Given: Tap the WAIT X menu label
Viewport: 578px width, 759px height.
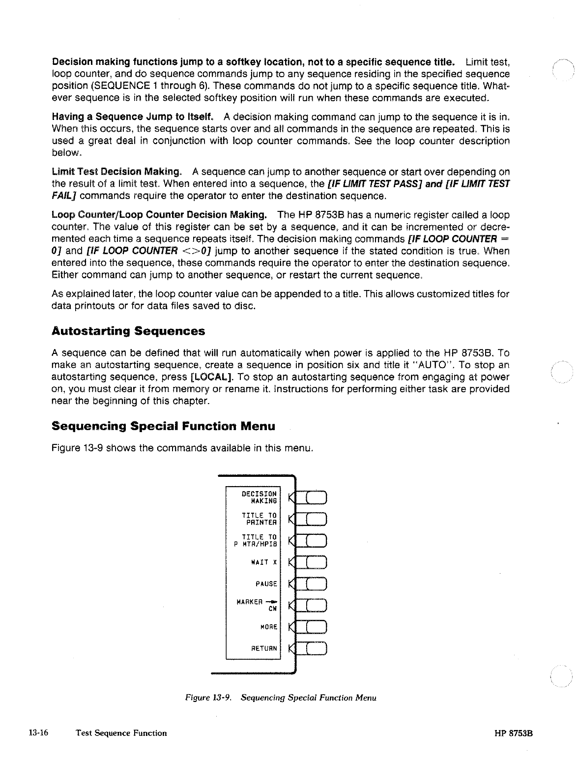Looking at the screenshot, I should coord(265,562).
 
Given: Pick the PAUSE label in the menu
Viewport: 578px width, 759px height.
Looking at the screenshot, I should coord(266,584).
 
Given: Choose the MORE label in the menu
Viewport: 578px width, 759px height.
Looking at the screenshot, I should coord(268,627).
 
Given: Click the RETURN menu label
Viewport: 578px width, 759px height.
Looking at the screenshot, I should coord(264,648).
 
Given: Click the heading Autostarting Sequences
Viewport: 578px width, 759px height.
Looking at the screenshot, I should coord(128,331).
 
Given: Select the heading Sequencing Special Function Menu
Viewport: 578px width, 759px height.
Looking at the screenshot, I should coord(163,426).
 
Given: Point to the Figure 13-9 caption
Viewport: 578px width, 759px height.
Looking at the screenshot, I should coord(280,698).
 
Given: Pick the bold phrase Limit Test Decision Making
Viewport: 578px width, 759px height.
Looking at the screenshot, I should coord(116,172).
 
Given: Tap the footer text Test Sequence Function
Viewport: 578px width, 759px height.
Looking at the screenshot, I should coord(121,733).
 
